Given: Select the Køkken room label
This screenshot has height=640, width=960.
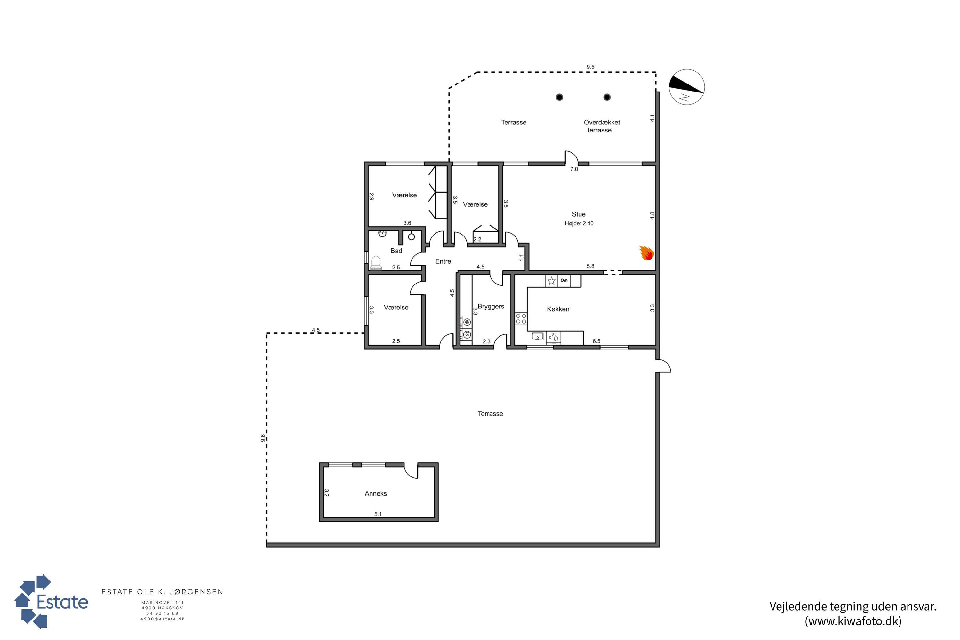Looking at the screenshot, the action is point(558,309).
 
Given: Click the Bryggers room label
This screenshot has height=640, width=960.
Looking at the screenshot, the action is point(491,307).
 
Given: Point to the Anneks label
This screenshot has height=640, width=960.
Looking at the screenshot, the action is point(375,493).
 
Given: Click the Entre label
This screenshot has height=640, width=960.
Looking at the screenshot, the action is point(443,261).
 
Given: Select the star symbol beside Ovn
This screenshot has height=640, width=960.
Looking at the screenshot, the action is point(551,281).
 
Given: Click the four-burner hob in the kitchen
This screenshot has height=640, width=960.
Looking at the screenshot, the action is point(521,318).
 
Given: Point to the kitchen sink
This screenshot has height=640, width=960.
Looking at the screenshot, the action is point(537,337).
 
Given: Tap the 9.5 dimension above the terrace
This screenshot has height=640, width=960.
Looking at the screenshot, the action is point(590,67).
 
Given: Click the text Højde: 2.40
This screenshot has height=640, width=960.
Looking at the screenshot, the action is point(579,223).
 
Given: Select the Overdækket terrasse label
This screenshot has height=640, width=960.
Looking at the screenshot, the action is point(601,126).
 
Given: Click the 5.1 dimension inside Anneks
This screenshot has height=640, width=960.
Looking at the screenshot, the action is point(378,514).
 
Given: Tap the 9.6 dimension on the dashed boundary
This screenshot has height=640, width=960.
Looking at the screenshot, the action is point(263,438).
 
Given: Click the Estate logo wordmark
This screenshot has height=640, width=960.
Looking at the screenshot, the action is point(62,602).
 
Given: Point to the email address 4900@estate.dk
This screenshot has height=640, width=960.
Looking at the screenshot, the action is point(163,619).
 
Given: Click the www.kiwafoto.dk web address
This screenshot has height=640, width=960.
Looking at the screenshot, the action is point(853,621).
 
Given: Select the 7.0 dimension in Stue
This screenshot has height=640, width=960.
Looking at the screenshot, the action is point(574,169).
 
